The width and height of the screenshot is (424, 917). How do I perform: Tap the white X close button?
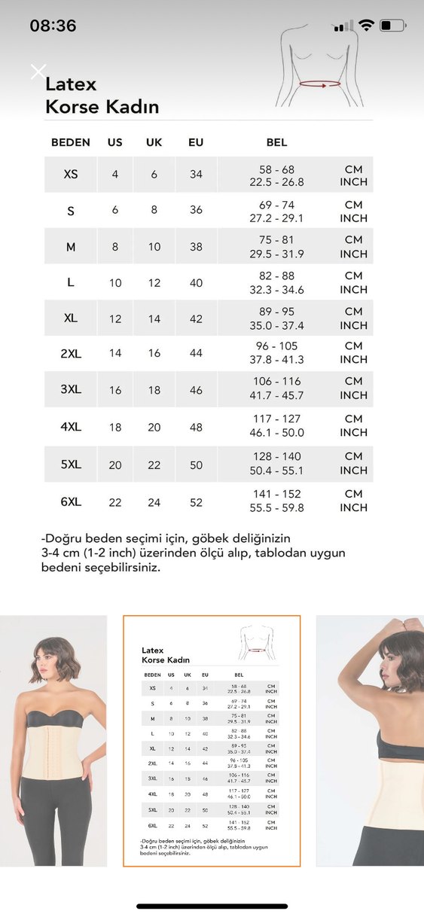(x=38, y=72)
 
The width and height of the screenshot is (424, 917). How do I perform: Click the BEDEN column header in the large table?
(x=70, y=142)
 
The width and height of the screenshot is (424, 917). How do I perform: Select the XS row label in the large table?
(x=70, y=174)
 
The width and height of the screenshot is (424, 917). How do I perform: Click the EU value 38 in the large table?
(x=196, y=246)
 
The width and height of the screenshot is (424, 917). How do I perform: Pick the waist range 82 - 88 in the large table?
(x=276, y=276)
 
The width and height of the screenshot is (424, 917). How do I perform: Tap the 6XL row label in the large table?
(x=70, y=501)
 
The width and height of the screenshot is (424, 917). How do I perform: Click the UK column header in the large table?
(x=154, y=142)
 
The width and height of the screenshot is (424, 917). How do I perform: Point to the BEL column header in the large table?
(x=276, y=142)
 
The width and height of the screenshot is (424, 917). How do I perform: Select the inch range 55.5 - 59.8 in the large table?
(x=276, y=508)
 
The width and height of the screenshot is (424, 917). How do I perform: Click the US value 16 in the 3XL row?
(x=115, y=390)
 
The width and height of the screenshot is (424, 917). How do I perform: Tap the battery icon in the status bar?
(x=392, y=26)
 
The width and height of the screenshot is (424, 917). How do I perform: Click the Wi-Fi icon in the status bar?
(x=367, y=26)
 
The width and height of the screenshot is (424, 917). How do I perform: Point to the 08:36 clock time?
(x=53, y=26)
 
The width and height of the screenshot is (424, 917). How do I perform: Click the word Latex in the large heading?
(x=71, y=84)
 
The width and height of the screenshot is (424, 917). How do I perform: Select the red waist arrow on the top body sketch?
(x=320, y=85)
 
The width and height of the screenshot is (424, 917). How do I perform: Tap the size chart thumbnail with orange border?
(x=212, y=741)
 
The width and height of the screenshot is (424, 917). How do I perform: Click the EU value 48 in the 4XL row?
(x=196, y=427)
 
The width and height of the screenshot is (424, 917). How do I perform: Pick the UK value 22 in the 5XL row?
(x=154, y=465)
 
